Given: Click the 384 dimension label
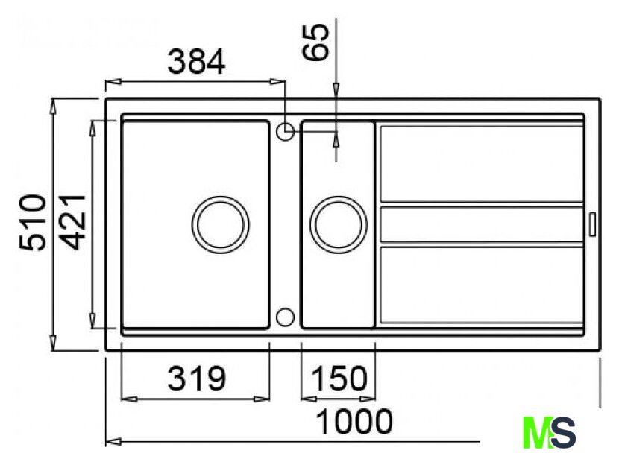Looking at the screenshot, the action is point(197,62).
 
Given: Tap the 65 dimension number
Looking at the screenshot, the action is point(315,42).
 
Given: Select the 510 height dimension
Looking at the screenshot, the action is point(33,223).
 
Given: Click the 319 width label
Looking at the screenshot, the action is point(197,379).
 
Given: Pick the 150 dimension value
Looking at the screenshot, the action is point(339,379).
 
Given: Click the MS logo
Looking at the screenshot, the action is point(549,432).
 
